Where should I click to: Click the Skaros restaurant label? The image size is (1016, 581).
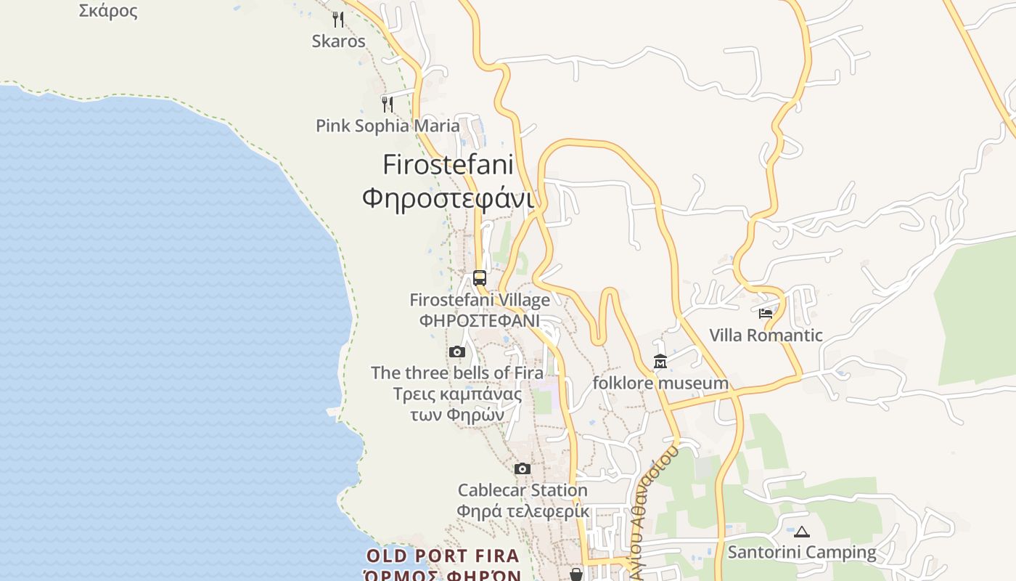click(338, 41)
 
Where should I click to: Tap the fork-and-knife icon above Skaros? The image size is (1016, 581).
click(338, 19)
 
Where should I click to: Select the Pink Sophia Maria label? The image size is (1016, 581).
click(388, 126)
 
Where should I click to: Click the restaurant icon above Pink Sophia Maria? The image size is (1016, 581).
click(388, 105)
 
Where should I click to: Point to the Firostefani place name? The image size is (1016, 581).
click(448, 165)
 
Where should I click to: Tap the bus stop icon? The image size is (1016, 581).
click(480, 277)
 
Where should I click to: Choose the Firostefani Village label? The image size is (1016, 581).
click(480, 299)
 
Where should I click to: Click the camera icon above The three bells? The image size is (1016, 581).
click(456, 352)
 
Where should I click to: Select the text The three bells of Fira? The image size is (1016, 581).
click(457, 373)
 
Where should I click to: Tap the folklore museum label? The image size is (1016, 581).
click(660, 383)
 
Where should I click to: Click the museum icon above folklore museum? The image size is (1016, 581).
click(660, 361)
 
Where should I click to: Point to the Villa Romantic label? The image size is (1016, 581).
click(766, 335)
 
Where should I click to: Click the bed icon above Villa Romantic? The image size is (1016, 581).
click(766, 314)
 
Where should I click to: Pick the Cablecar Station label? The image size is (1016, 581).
click(523, 490)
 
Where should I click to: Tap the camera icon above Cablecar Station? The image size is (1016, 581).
click(523, 469)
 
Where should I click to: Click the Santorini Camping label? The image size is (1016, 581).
click(802, 552)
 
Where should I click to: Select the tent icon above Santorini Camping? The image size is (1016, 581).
click(802, 532)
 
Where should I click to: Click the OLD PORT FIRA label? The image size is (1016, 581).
click(443, 556)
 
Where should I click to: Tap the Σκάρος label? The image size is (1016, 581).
click(108, 10)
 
